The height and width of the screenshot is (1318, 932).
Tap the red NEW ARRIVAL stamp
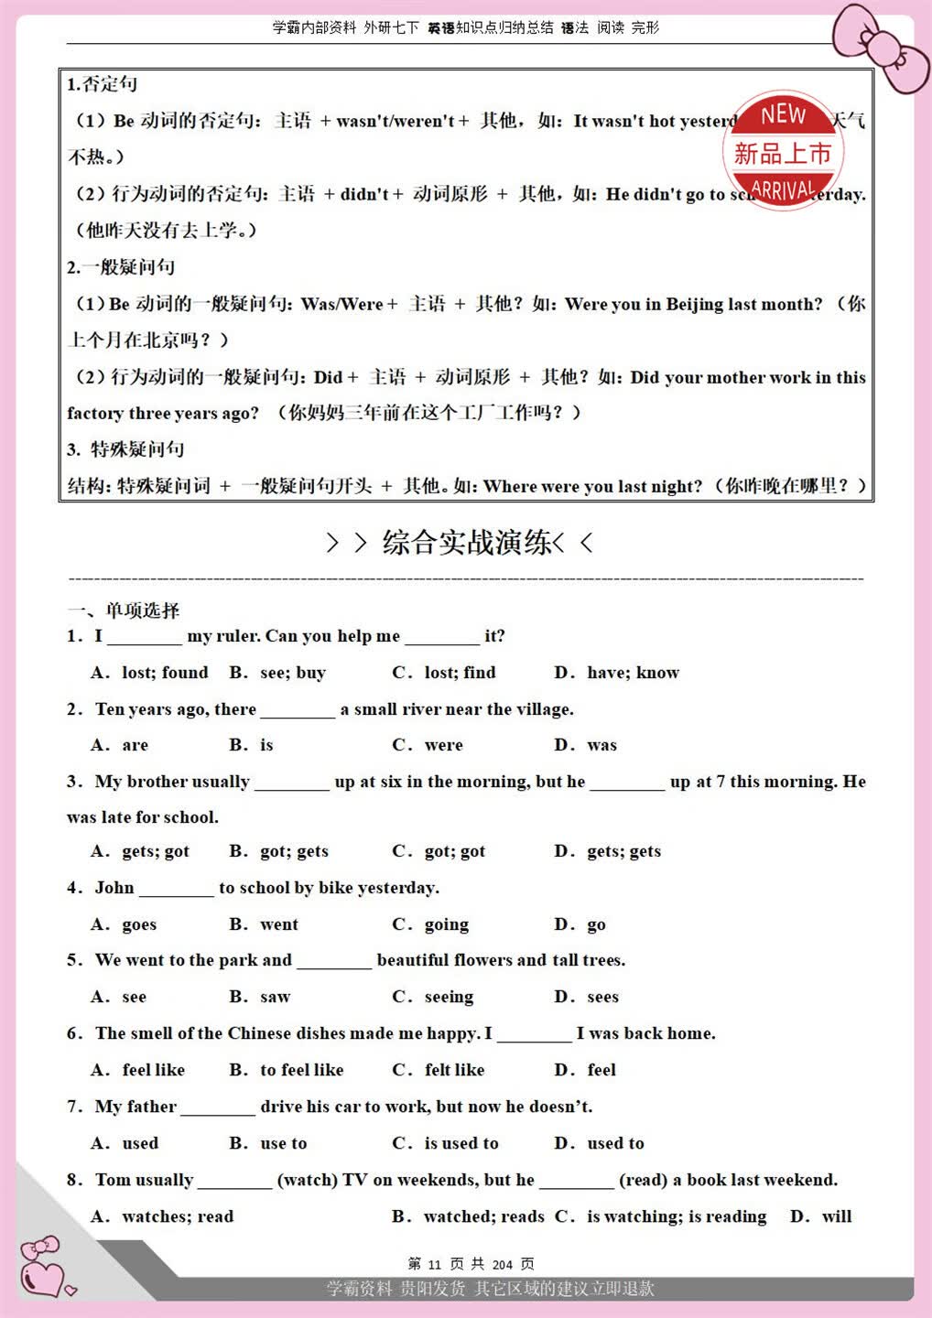784,151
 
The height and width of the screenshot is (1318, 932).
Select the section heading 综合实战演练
466,543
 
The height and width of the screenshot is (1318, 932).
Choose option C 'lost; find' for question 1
459,673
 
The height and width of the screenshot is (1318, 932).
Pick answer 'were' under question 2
443,745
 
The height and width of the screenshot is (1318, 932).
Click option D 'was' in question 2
601,745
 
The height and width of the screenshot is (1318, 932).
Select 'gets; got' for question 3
155,851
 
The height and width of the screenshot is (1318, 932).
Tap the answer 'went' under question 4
278,924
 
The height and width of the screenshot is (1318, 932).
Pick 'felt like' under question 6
454,1070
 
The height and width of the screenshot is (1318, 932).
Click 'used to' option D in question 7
615,1143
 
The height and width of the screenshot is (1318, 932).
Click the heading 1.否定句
102,84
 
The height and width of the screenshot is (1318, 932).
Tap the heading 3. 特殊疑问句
125,449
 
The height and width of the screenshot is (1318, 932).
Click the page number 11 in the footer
434,1265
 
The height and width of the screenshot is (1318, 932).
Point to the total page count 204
503,1265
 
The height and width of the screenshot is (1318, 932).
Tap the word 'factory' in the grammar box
95,414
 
